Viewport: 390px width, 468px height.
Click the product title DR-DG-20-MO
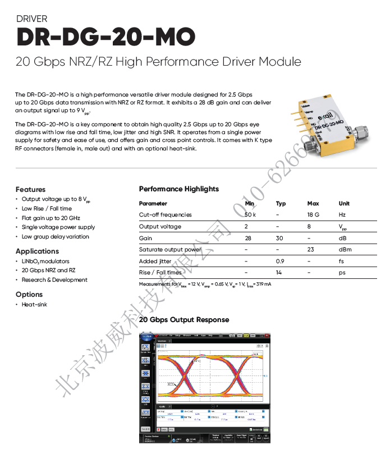pyautogui.click(x=105, y=37)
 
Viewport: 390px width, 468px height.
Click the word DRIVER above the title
pyautogui.click(x=31, y=19)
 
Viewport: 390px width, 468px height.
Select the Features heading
pyautogui.click(x=30, y=190)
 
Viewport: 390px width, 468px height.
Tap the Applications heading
pyautogui.click(x=37, y=251)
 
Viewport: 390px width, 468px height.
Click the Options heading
pyautogui.click(x=29, y=295)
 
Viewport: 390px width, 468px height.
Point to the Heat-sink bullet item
pyautogui.click(x=34, y=305)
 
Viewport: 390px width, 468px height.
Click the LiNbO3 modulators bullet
pyautogui.click(x=45, y=261)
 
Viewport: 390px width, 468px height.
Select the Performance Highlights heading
pyautogui.click(x=179, y=189)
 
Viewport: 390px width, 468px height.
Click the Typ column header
pyautogui.click(x=281, y=203)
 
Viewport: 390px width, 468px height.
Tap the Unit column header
pyautogui.click(x=344, y=203)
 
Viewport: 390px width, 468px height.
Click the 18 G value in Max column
pyautogui.click(x=313, y=215)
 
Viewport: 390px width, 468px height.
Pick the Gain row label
pyautogui.click(x=145, y=238)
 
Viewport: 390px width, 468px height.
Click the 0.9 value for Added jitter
pyautogui.click(x=281, y=261)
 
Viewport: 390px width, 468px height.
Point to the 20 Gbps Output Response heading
pyautogui.click(x=184, y=320)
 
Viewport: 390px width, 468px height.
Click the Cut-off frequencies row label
pyautogui.click(x=165, y=215)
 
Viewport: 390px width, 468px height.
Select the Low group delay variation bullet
pyautogui.click(x=55, y=237)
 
